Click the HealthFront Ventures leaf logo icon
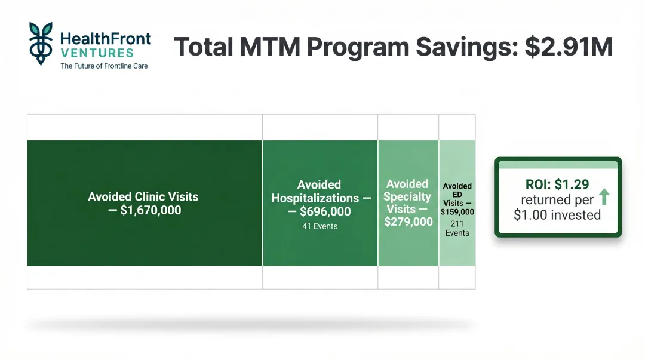coord(41,44)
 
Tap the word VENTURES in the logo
coord(97,53)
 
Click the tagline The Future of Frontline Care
coord(104,66)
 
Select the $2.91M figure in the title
coord(569,47)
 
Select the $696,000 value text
coord(325,211)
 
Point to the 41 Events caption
coord(320,226)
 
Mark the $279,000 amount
coord(408,222)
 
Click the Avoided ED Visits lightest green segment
coord(457,251)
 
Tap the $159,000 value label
coord(457,212)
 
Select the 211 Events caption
coord(457,227)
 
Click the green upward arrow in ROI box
coord(604,196)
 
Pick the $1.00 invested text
coord(557,215)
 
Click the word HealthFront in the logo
coord(106,39)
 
